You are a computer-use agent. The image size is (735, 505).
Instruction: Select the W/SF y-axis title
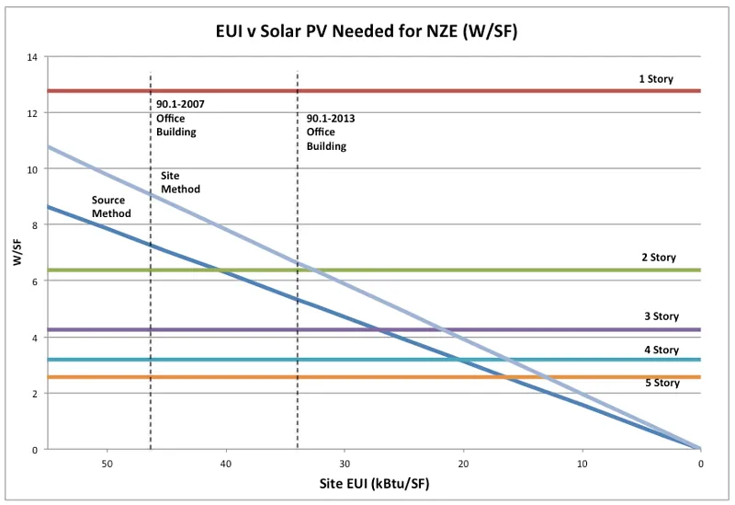(x=17, y=254)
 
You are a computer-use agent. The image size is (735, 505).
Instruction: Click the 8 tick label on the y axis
(x=34, y=225)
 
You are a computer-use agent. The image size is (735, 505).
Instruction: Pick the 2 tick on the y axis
(x=34, y=394)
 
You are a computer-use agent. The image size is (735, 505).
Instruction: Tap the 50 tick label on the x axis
(x=107, y=463)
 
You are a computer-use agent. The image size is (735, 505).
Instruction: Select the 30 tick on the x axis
(x=345, y=463)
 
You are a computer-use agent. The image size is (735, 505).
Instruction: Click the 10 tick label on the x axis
(x=582, y=463)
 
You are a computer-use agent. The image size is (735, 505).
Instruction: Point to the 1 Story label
(x=656, y=79)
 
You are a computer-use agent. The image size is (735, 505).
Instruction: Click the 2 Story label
(x=658, y=258)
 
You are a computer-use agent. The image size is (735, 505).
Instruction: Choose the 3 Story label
(x=661, y=316)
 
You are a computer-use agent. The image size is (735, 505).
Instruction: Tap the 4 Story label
(x=661, y=350)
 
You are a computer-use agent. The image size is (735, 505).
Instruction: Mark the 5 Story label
(x=661, y=383)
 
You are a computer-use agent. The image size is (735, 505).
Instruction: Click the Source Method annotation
(x=111, y=207)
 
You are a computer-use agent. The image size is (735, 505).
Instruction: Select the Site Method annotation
(x=180, y=182)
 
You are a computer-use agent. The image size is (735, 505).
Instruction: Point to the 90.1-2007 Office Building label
(x=180, y=118)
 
